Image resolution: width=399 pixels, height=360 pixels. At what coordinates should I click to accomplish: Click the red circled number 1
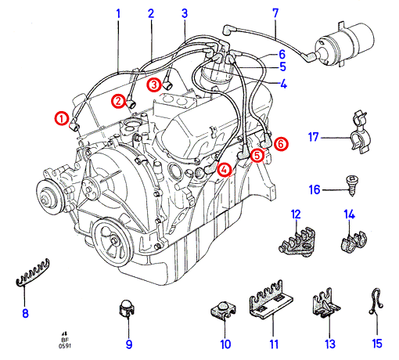pos(62,119)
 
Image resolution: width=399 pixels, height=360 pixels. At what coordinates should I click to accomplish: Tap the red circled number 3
pos(154,85)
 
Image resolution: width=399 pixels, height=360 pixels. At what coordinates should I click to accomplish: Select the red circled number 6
pos(281,144)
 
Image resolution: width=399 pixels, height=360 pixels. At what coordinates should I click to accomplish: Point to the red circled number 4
pos(225,170)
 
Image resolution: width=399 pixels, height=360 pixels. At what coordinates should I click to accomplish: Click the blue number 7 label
pos(275,13)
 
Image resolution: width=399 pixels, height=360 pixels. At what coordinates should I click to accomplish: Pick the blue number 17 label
pos(314,137)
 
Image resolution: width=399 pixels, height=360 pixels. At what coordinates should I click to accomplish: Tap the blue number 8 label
pos(25,313)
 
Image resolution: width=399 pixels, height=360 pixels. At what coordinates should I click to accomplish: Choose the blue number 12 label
pos(296,214)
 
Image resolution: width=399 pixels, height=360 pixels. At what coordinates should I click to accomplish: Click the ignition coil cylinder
pos(346,44)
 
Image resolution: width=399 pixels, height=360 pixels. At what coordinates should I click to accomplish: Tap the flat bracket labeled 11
pos(271,300)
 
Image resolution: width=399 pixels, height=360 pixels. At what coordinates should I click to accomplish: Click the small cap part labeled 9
pos(128,308)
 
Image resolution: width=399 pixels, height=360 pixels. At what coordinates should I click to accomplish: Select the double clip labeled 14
pos(354,242)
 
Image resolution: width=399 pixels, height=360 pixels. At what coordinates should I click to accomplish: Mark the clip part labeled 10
pos(223,310)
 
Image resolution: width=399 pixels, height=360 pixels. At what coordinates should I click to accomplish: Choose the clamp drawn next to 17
pos(361,132)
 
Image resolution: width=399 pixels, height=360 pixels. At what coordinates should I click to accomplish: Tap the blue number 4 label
pos(283,84)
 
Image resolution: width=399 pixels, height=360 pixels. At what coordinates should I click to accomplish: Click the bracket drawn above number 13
pos(326,304)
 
